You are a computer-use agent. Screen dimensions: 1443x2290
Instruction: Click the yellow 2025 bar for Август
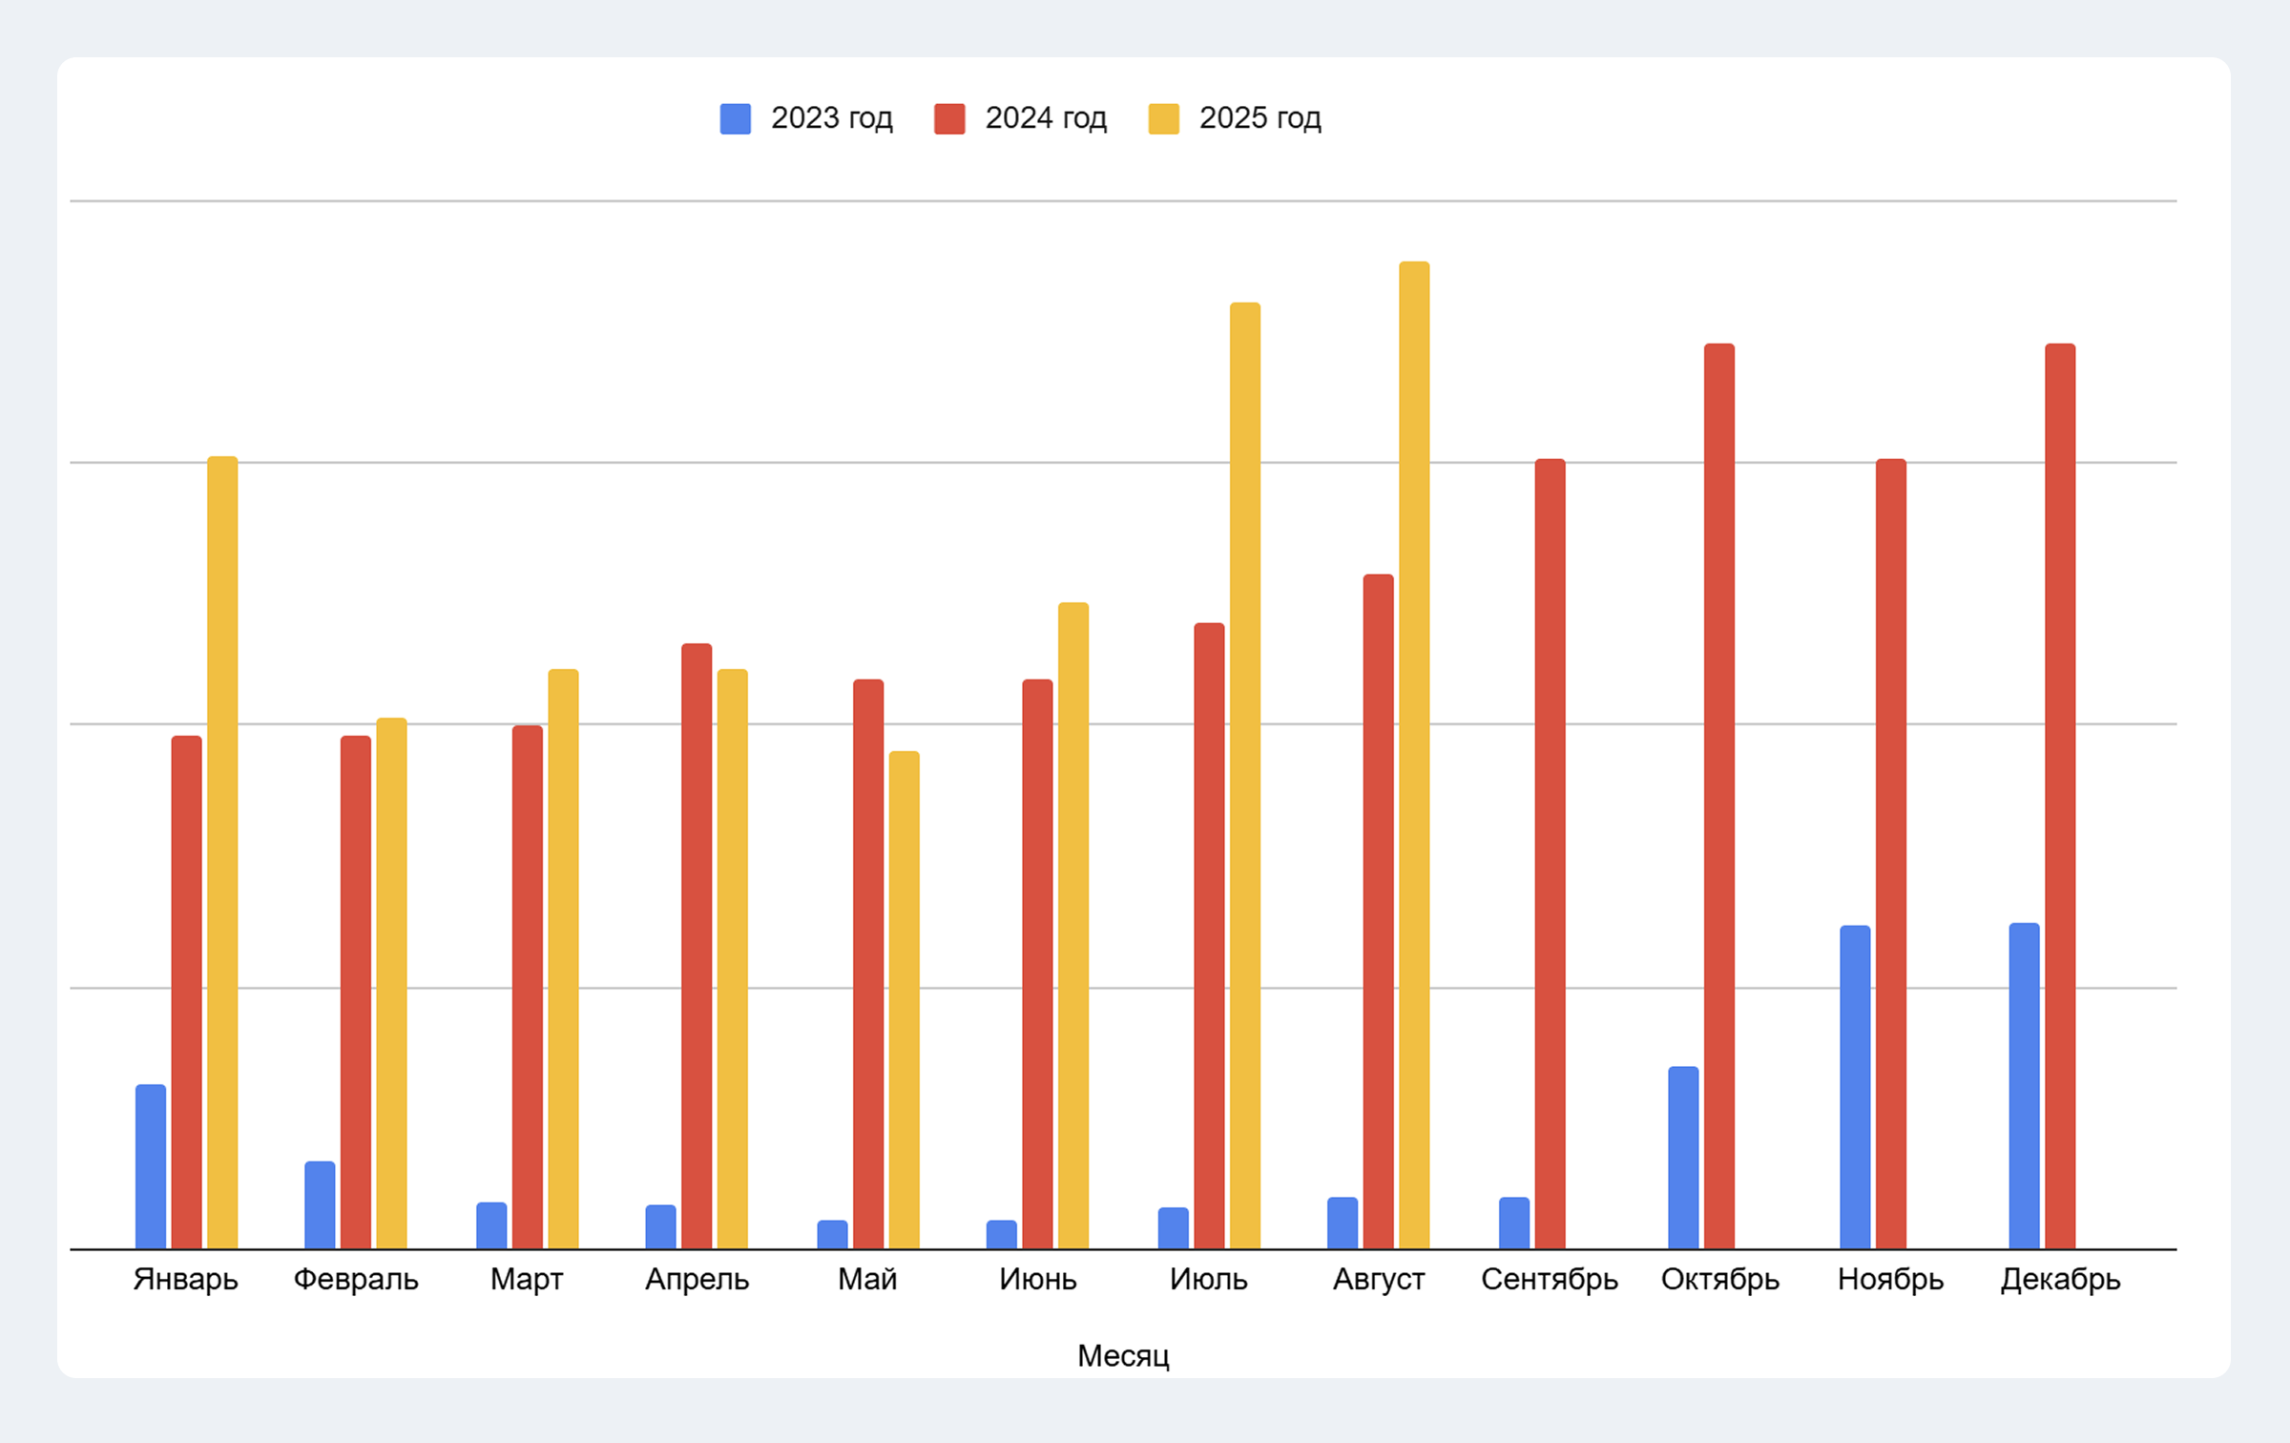point(1414,754)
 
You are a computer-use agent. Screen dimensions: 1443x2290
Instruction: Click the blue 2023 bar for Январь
point(151,1166)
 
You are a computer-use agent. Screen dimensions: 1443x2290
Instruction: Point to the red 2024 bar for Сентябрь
point(1550,853)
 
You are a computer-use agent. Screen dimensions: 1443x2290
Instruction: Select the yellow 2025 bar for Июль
point(1245,775)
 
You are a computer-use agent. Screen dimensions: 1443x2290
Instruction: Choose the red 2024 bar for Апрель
point(697,946)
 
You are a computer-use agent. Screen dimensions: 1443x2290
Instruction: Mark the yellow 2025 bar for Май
point(905,999)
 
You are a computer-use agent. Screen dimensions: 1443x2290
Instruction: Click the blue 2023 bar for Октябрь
point(1683,1157)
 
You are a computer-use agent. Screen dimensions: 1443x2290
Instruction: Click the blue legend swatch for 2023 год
point(736,118)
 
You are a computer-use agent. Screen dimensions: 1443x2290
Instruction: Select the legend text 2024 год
point(1046,118)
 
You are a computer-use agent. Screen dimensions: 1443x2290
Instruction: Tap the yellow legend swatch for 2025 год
point(1164,118)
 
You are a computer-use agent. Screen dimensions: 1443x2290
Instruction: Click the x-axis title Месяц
point(1123,1355)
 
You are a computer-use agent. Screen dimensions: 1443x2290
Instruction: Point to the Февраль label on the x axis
point(356,1279)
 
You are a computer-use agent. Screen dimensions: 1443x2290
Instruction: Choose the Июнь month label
point(1038,1279)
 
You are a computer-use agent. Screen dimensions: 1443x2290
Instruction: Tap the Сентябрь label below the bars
point(1550,1279)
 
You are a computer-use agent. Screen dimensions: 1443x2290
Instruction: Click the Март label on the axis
point(527,1279)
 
